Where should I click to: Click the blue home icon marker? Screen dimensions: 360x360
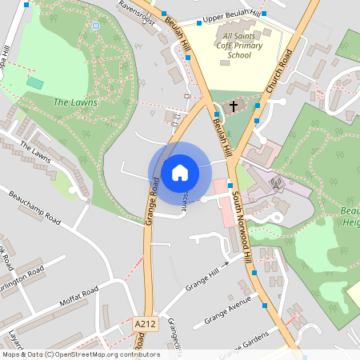pos(179,173)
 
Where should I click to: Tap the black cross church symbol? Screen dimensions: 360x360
pos(234,106)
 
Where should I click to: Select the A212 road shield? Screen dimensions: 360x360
pos(145,323)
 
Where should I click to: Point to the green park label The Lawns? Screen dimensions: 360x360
pos(75,102)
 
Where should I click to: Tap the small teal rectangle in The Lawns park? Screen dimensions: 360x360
pos(34,82)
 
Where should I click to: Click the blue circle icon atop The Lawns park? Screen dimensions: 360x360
pos(96,26)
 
